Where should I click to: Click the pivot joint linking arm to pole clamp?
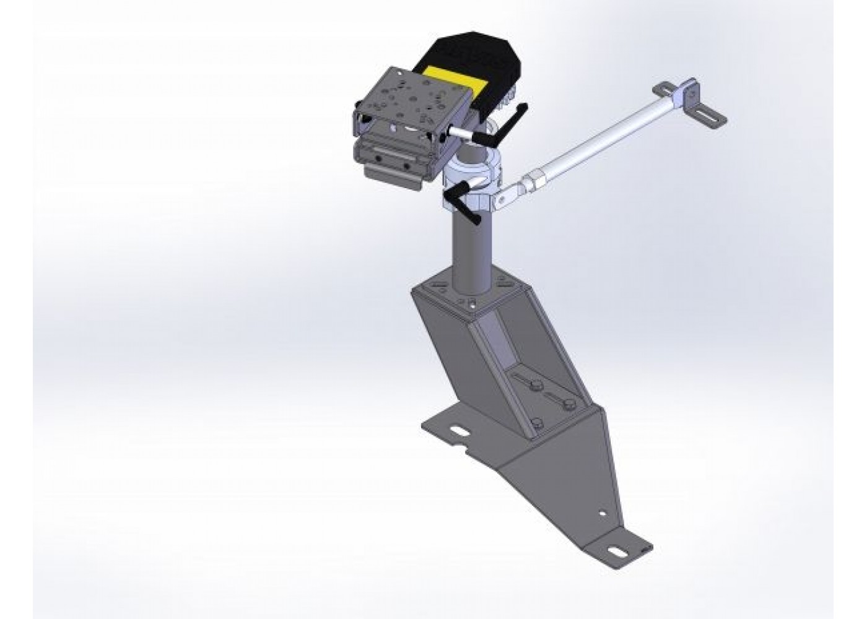tap(505, 197)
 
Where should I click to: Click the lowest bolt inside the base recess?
tap(538, 425)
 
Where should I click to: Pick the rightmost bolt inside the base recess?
tap(570, 406)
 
